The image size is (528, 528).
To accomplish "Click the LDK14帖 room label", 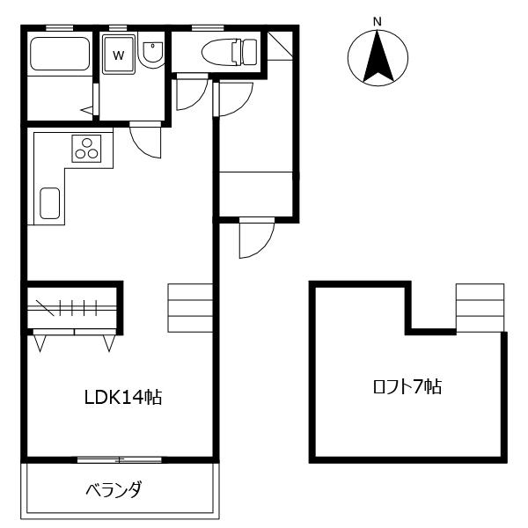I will [123, 397].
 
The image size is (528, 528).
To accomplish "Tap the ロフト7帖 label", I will [406, 386].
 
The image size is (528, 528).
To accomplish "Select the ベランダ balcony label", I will [114, 490].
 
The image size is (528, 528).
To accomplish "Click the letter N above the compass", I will [377, 21].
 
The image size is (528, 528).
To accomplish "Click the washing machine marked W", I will [118, 55].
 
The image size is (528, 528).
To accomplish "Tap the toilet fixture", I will [227, 52].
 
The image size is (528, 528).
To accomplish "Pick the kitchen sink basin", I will [50, 204].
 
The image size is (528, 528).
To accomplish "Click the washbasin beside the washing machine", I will [151, 53].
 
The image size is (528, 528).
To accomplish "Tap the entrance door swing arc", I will [255, 239].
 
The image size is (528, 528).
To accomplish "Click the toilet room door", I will [191, 93].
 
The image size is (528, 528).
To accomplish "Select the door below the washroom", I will [145, 141].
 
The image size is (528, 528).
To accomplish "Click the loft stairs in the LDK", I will [190, 308].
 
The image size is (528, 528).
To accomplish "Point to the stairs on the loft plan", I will [480, 308].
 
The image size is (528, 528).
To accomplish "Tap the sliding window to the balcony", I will [119, 459].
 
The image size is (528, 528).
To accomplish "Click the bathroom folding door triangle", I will [88, 110].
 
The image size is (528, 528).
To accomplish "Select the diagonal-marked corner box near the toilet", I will [280, 46].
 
